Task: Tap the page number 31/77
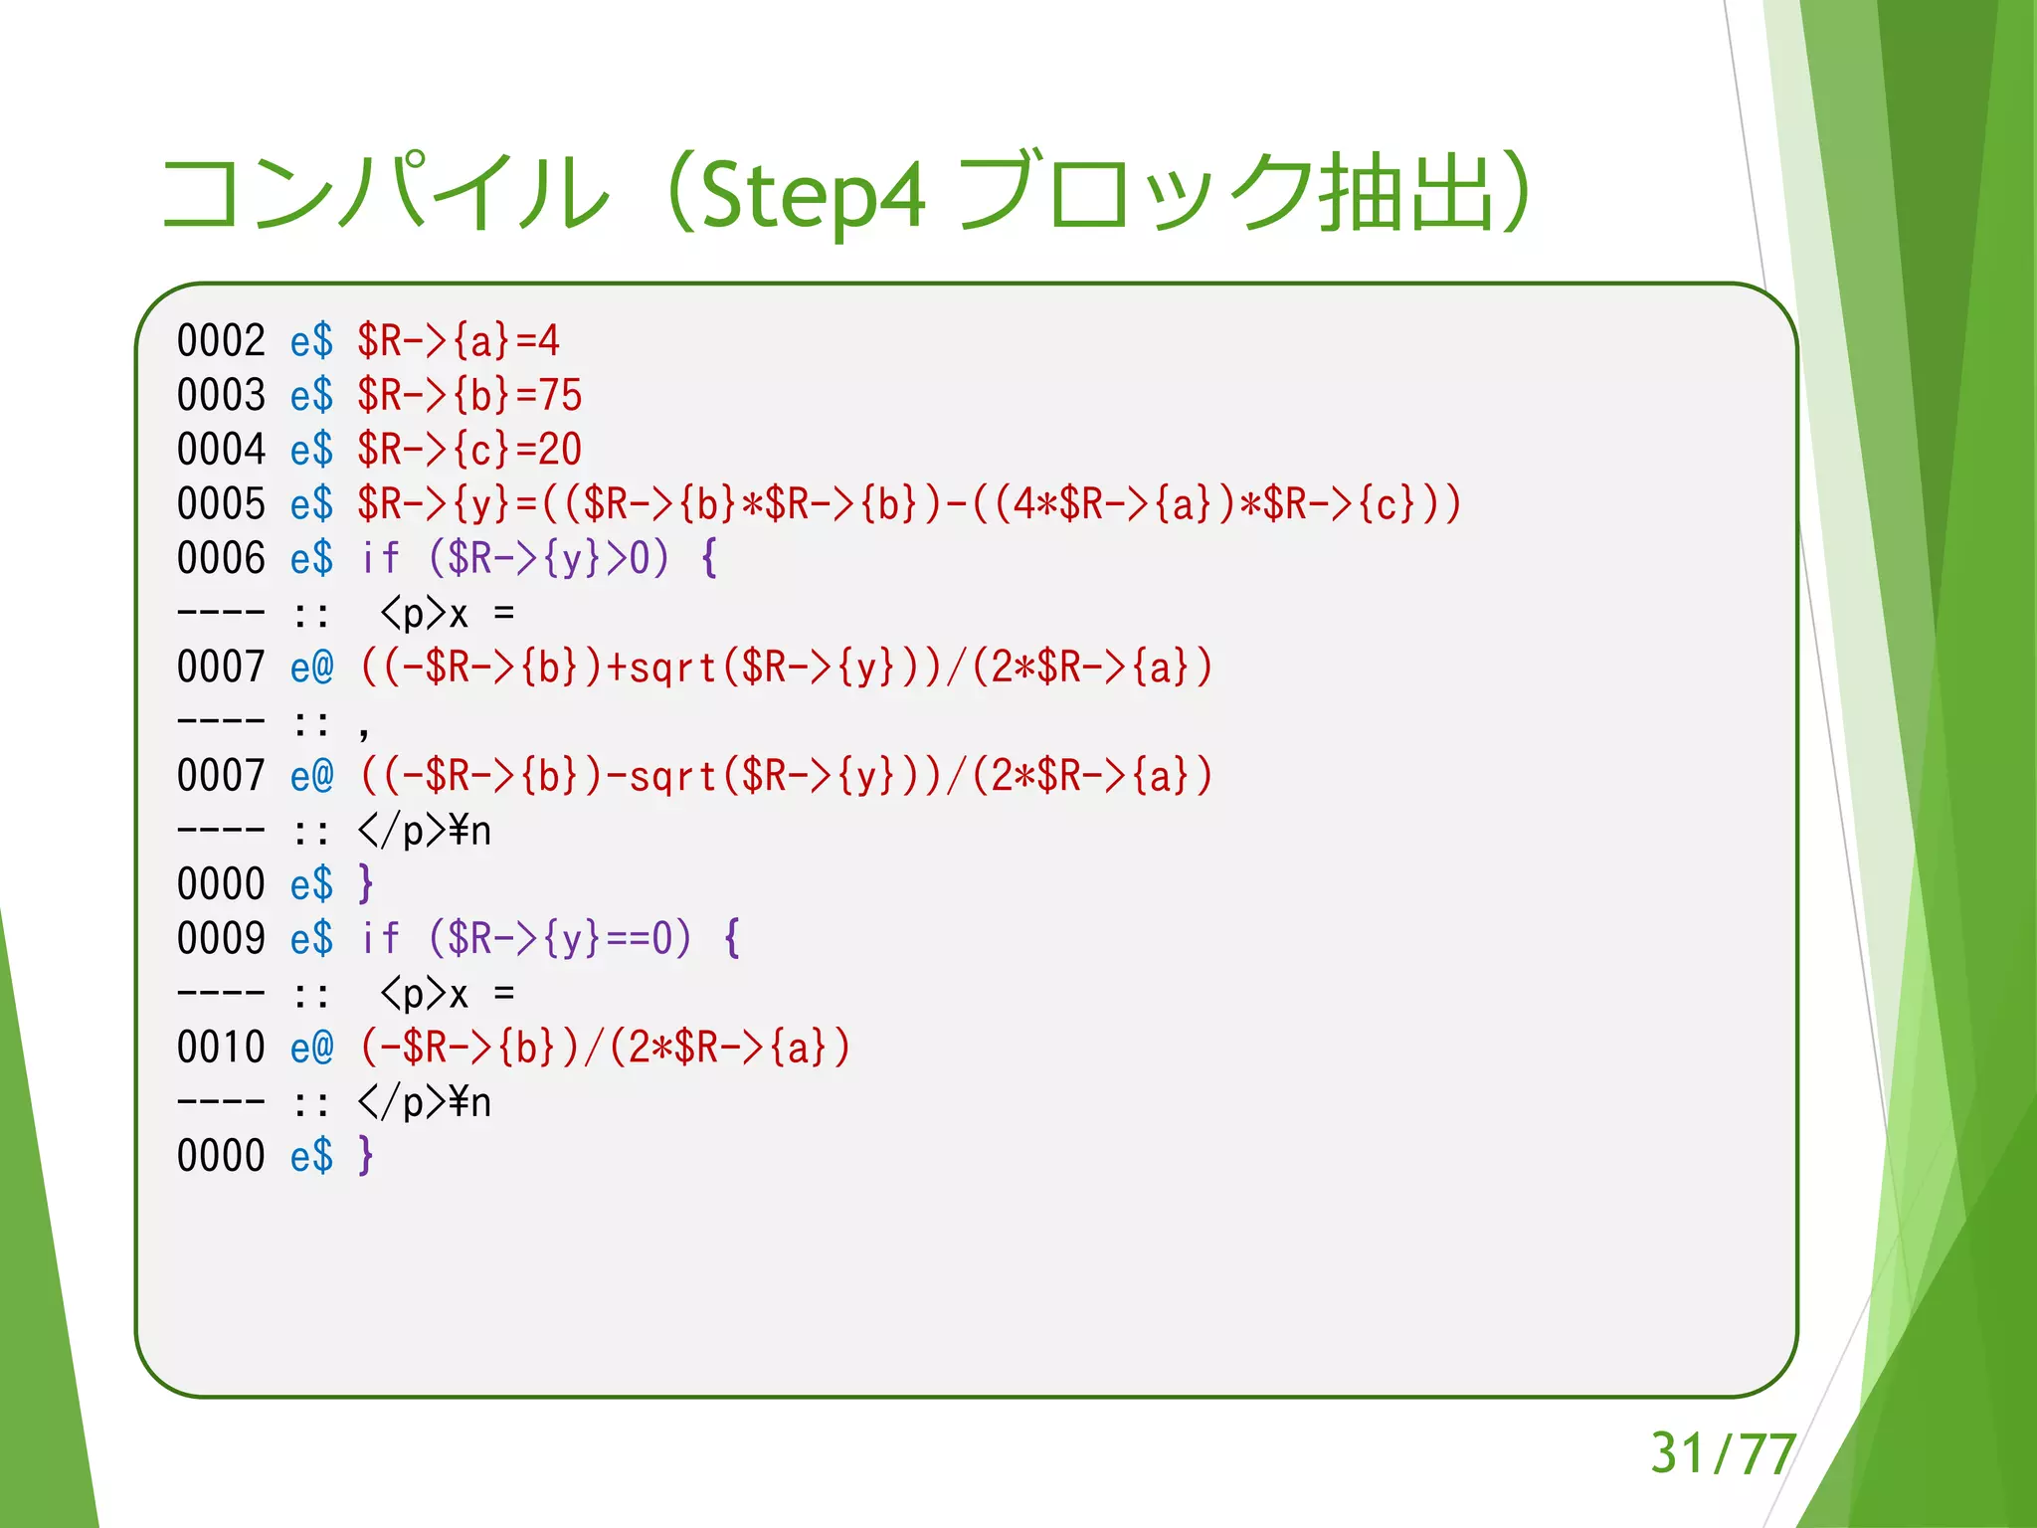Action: [1723, 1453]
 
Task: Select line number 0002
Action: [221, 341]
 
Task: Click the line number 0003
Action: [221, 395]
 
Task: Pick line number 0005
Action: [221, 504]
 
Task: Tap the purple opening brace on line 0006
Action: [709, 559]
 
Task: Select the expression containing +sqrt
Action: [786, 668]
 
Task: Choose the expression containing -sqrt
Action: [786, 776]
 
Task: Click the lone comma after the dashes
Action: [364, 729]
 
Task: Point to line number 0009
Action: [221, 939]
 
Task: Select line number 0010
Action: [221, 1048]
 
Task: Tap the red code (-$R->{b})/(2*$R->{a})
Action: [605, 1048]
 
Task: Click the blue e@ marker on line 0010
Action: [312, 1048]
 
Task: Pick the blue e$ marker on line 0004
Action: [312, 450]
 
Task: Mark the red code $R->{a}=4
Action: [459, 341]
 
